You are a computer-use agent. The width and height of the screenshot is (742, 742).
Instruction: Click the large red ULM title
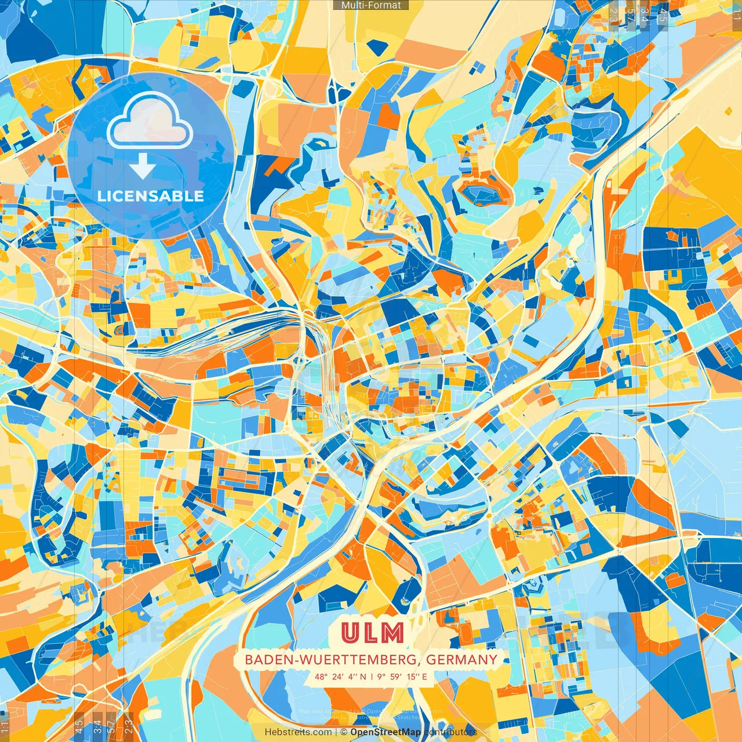click(x=373, y=633)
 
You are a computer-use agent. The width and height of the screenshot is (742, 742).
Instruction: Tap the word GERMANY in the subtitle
click(x=461, y=660)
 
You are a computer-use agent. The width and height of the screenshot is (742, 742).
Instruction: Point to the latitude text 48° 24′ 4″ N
click(x=341, y=676)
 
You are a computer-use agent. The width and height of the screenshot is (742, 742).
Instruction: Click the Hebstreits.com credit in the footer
click(x=299, y=732)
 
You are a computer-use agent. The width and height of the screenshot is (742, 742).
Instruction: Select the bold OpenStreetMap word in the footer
click(x=385, y=732)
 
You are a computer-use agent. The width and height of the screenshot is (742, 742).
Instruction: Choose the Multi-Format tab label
click(x=371, y=5)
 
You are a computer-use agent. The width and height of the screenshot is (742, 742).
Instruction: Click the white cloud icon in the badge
click(x=150, y=121)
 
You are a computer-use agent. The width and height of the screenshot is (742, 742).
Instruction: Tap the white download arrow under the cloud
click(x=142, y=168)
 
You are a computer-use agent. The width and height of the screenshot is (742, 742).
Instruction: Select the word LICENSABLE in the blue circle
click(x=151, y=196)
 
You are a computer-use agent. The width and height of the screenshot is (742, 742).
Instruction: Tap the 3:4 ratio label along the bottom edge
click(x=97, y=726)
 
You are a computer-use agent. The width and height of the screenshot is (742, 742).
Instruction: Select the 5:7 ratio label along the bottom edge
click(x=111, y=726)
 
